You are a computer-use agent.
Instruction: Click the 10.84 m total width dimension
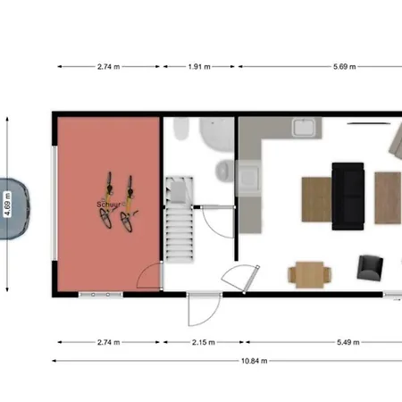pos(254,361)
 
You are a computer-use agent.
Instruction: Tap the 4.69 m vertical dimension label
pos(7,205)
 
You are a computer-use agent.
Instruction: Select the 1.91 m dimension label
pos(199,67)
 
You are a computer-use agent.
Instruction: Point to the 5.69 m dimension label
pos(345,67)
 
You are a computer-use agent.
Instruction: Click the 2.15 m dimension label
pos(204,342)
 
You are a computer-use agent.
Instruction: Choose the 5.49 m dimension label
pos(348,342)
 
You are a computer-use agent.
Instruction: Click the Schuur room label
pos(109,205)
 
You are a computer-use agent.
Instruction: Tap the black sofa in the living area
pos(348,197)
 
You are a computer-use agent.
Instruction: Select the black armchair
pos(370,267)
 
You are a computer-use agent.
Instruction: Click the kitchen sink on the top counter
pos(304,128)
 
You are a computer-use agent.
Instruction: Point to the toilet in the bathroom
pos(181,129)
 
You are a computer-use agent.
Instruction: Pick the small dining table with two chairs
pos(310,274)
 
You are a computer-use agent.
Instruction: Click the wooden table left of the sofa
pos(316,199)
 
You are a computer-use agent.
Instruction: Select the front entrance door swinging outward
pos(205,310)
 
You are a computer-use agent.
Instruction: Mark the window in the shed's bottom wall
pos(101,295)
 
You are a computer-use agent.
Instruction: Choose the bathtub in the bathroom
pos(217,134)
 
